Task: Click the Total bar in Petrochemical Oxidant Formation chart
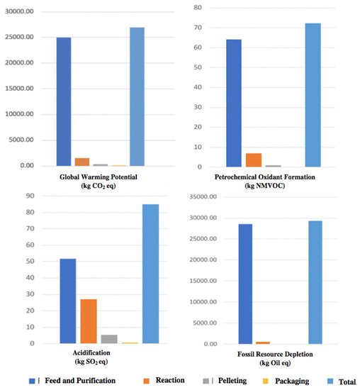(313, 95)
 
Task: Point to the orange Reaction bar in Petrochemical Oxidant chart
(253, 160)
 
